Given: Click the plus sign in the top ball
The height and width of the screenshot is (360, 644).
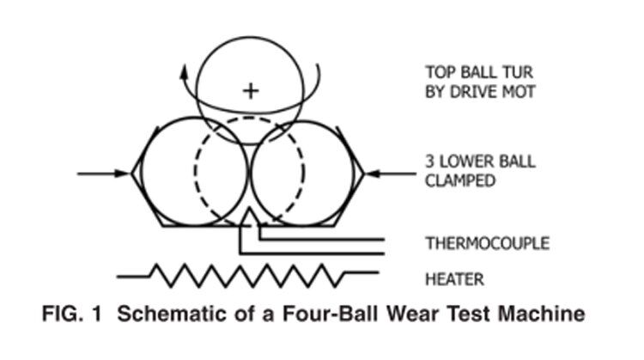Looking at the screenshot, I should tap(250, 90).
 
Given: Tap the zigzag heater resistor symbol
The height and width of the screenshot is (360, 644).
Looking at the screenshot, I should tap(246, 275).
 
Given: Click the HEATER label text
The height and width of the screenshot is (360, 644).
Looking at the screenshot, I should tap(454, 278).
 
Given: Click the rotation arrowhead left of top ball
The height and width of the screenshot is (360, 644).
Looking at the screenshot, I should tap(184, 73).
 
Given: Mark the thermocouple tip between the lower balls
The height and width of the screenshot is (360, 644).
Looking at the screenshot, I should tap(250, 215).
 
